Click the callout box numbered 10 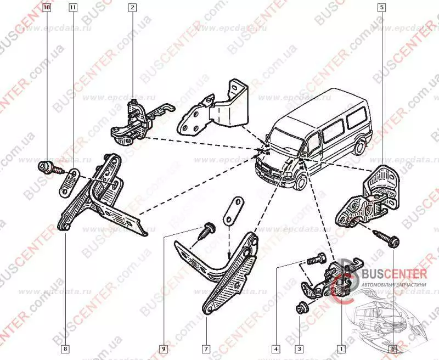click(x=46, y=8)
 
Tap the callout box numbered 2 click(x=132, y=8)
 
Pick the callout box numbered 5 click(x=381, y=8)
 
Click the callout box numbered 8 click(x=65, y=348)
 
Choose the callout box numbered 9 click(x=163, y=348)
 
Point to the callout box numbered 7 click(x=205, y=348)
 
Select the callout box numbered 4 click(x=276, y=348)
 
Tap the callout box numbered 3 click(x=299, y=348)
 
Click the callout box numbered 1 click(x=341, y=348)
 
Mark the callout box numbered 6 click(x=392, y=348)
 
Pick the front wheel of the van click(x=301, y=182)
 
